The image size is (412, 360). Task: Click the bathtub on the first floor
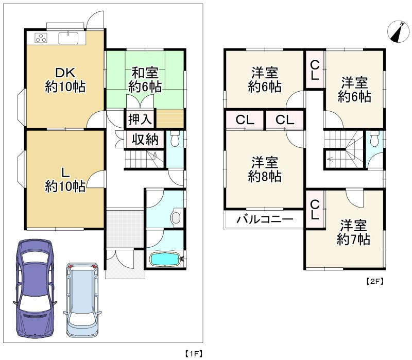click(164, 259)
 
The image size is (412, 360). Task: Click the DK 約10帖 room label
click(64, 79)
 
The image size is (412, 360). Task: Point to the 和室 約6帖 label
click(145, 80)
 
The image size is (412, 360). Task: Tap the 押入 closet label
click(140, 119)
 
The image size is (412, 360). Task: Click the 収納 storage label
click(145, 140)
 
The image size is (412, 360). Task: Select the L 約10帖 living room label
click(64, 178)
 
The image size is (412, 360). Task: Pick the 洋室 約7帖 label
click(353, 232)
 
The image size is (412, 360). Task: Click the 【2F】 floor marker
click(375, 282)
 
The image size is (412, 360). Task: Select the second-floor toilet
click(373, 139)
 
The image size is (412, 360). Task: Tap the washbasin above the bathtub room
click(176, 218)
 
